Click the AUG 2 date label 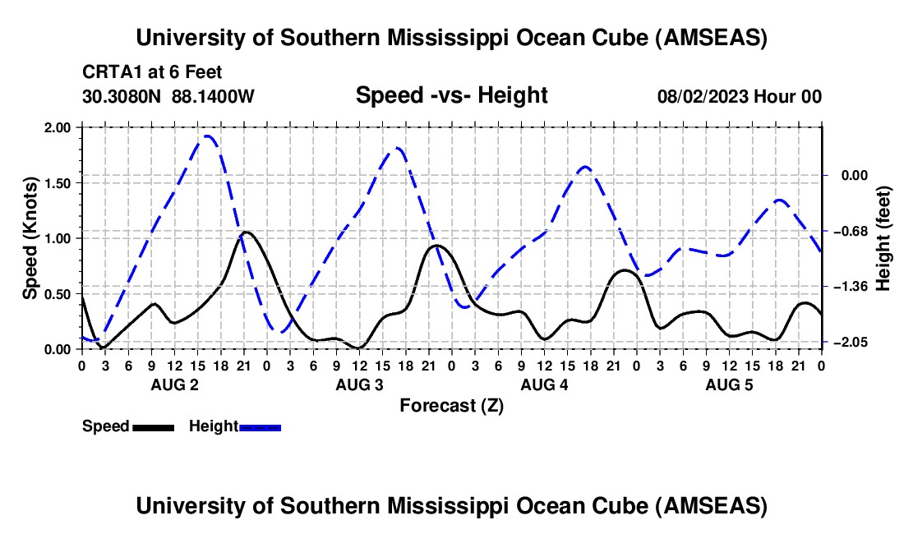click(173, 384)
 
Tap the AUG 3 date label click(358, 384)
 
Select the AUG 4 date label click(543, 384)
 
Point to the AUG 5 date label click(728, 384)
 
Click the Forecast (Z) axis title click(451, 405)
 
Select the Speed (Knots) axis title click(30, 238)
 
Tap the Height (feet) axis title click(883, 238)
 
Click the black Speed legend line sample click(153, 426)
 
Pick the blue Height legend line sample click(261, 426)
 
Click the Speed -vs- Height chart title click(451, 95)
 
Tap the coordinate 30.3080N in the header click(123, 96)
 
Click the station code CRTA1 click(105, 72)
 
